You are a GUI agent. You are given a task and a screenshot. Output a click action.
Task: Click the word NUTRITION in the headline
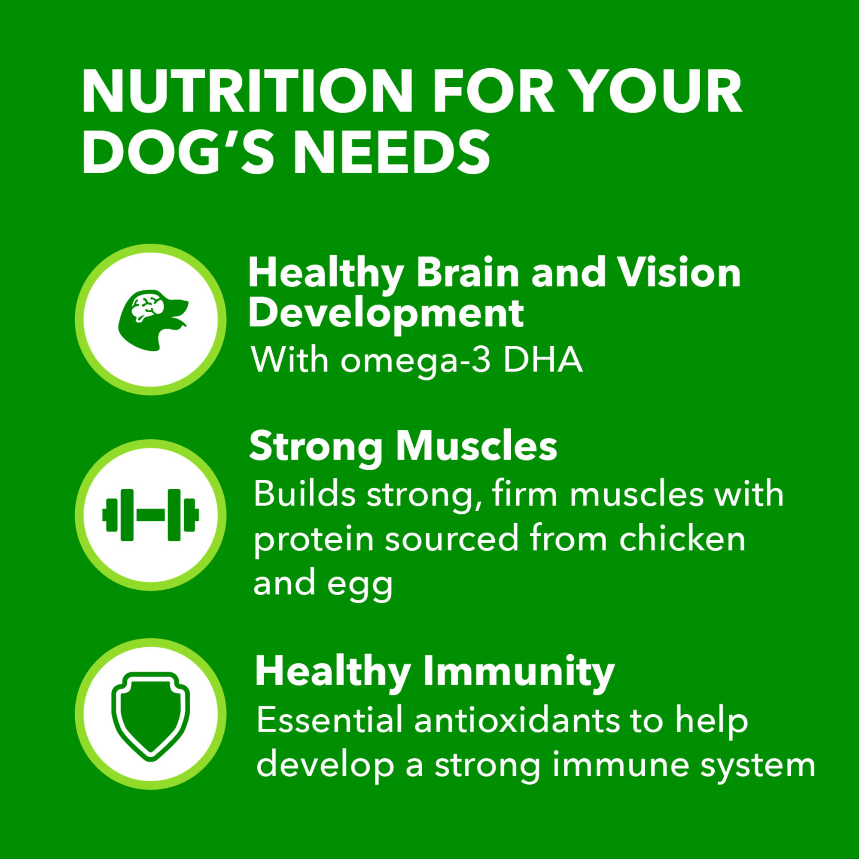[248, 91]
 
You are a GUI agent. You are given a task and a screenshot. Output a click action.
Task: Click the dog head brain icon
[152, 319]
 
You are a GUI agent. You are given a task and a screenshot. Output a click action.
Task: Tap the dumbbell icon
[151, 515]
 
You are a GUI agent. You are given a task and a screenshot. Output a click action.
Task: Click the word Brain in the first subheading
[468, 273]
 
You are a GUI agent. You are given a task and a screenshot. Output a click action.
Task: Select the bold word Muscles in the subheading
[476, 446]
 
